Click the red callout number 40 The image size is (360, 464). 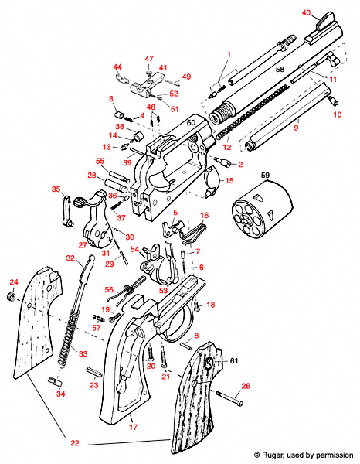[x=306, y=13]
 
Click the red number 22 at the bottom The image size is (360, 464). [x=74, y=443]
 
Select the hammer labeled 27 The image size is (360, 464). [x=97, y=230]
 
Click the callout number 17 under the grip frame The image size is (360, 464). [x=132, y=426]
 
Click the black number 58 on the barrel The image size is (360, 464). [x=280, y=70]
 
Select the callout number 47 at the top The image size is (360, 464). [x=150, y=59]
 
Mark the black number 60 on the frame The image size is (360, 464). [x=190, y=123]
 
